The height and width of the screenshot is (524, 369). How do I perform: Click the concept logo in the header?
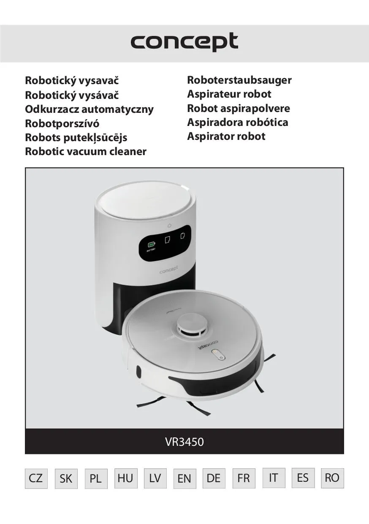(184, 42)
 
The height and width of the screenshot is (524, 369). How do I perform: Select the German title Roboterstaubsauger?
(239, 80)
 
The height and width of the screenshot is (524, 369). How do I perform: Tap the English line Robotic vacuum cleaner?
(86, 152)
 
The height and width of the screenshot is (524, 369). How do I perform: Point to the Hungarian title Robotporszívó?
(62, 123)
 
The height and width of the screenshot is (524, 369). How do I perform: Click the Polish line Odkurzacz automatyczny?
(89, 109)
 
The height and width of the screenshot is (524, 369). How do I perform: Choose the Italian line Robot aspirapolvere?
(239, 108)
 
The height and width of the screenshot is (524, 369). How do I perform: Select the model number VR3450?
(184, 442)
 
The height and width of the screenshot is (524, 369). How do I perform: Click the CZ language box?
(36, 478)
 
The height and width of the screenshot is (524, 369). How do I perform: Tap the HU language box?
(126, 478)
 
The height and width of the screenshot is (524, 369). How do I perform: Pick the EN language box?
(184, 478)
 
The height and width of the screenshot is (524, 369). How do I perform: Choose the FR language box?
(244, 478)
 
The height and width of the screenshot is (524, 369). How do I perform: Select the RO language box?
(332, 478)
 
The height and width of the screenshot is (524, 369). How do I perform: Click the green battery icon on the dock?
(151, 244)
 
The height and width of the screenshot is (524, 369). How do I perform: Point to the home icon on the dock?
(169, 226)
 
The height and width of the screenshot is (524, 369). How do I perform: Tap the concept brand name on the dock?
(169, 270)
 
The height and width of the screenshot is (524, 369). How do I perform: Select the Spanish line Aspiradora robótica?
(237, 123)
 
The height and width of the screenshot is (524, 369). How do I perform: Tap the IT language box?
(274, 478)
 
